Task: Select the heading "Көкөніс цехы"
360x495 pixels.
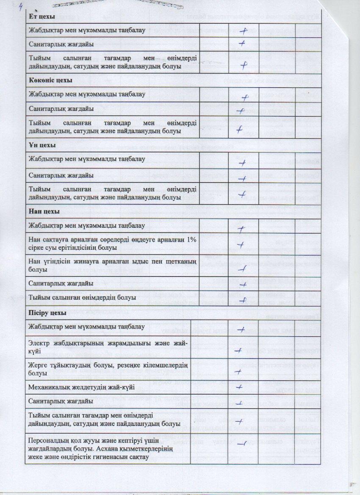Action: (x=50, y=80)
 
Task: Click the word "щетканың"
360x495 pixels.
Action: (x=180, y=261)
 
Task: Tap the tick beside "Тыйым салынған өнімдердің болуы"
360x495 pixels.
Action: (x=243, y=300)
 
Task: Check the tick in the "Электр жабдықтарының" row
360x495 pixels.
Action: (x=238, y=350)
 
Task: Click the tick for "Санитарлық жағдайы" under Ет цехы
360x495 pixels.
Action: (x=242, y=43)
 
